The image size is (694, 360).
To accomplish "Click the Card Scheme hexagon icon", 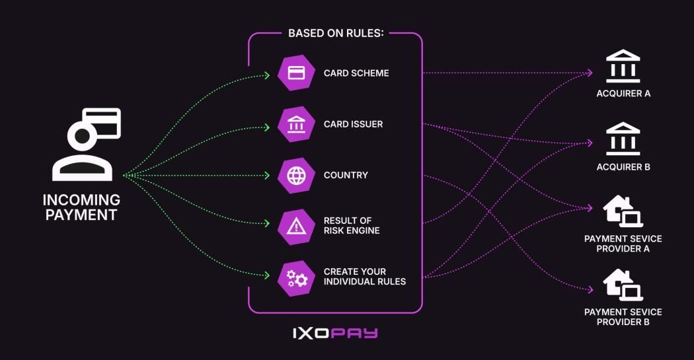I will point(296,73).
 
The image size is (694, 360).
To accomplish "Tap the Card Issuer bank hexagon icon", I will point(296,124).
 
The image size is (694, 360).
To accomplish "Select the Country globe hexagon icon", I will point(296,175).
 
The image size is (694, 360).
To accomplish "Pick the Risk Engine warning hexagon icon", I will point(296,227).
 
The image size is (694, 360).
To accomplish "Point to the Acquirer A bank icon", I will point(623,66).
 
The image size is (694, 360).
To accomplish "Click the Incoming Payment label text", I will point(81,207).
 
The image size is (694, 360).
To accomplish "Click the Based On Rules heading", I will point(336,33).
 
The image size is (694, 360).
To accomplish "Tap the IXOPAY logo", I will point(335,332).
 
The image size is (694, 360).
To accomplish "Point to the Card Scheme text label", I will point(356,73).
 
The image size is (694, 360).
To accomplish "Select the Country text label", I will point(346,176).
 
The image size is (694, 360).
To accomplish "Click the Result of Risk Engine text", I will point(351,226).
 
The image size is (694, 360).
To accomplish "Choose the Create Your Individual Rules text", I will point(364,277).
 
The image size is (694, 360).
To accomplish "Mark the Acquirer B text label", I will point(623,167).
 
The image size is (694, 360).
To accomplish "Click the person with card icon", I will point(87,144).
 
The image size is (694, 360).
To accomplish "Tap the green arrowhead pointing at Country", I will point(267,176).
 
